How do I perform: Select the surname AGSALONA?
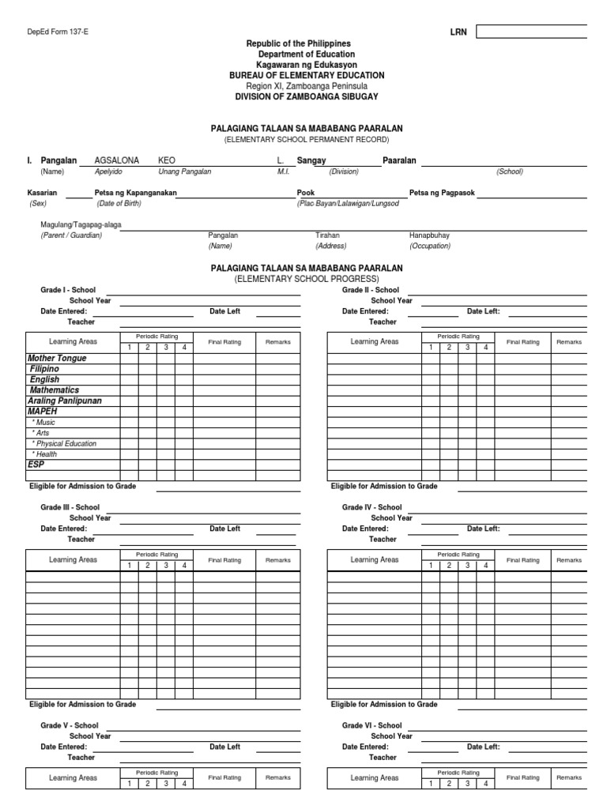pos(116,160)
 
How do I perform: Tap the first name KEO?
pos(167,160)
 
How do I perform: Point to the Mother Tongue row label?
pos(57,359)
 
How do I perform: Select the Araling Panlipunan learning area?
pos(65,401)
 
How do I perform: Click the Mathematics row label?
pos(55,390)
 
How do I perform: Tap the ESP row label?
pos(36,465)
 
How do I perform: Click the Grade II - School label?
pos(371,290)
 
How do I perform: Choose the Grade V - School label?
pos(70,725)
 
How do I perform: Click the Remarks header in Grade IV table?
pos(569,560)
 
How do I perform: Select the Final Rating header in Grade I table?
pos(224,342)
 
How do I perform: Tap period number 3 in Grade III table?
pos(165,566)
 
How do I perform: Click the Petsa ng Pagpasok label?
pos(442,193)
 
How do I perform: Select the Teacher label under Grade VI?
pos(383,757)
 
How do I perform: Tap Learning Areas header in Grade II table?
pos(375,342)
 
